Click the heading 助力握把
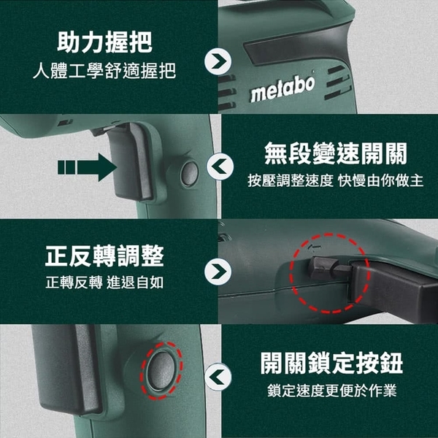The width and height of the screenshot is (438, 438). tap(104, 42)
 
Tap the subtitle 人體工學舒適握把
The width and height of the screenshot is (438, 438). tap(104, 71)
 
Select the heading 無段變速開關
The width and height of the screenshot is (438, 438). tap(336, 153)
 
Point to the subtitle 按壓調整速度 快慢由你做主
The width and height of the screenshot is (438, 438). tap(336, 180)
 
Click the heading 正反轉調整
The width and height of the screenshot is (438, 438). tap(104, 256)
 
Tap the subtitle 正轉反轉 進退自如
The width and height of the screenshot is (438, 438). tap(104, 283)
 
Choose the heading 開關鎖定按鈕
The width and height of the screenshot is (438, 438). tap(331, 363)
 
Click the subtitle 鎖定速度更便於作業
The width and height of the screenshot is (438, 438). tap(332, 391)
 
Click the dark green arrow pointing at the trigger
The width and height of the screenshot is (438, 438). tap(87, 167)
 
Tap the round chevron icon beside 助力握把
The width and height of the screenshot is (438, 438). tap(218, 61)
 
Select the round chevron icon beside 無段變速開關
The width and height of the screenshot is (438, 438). tap(220, 166)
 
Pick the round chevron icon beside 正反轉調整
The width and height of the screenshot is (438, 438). tap(218, 272)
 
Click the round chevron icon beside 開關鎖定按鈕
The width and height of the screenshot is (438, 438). tap(218, 377)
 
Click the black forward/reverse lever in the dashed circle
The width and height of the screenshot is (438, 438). tap(330, 269)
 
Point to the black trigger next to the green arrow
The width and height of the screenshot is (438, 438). tap(131, 162)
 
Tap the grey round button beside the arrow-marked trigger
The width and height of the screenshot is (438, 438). tap(189, 174)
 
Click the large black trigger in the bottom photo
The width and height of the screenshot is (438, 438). tap(66, 369)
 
